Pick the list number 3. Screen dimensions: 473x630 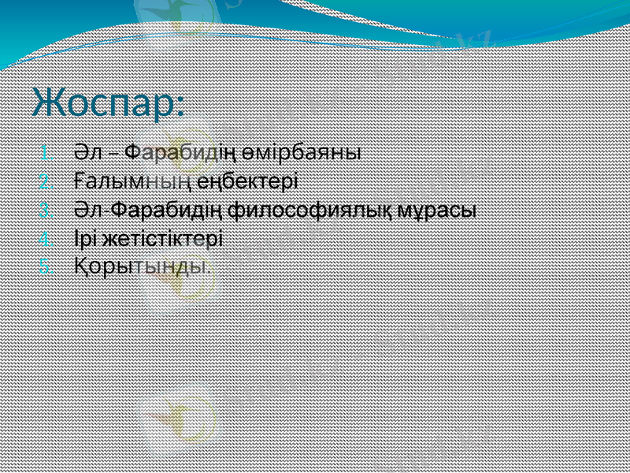click(x=46, y=210)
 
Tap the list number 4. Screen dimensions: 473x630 click(x=46, y=239)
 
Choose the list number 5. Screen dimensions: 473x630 click(x=46, y=266)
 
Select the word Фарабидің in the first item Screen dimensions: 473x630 click(x=188, y=151)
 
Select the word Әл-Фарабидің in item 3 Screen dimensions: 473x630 click(x=149, y=210)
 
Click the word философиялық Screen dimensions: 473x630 click(x=316, y=210)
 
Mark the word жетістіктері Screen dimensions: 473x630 click(x=164, y=238)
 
